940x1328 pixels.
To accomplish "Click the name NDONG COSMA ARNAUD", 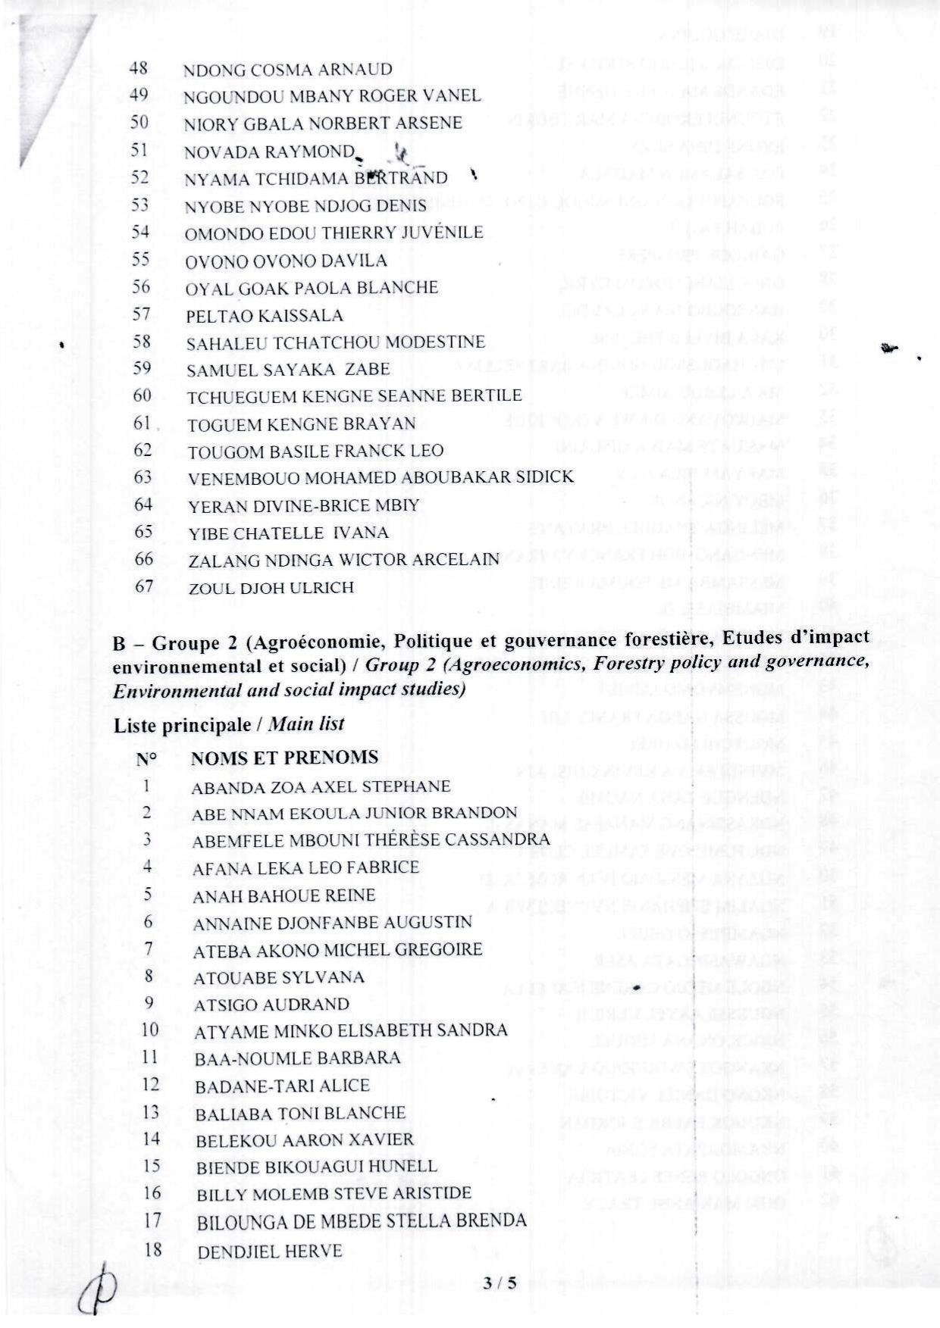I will pos(287,70).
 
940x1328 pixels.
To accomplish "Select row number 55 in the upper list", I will pos(140,259).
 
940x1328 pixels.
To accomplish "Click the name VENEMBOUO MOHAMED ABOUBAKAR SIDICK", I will pos(381,477).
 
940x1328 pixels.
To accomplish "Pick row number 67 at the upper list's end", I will pos(143,586).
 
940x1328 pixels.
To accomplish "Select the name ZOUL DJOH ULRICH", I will pos(271,588).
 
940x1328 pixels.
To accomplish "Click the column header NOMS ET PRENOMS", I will pos(284,758).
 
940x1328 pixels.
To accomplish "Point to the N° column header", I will pos(147,758).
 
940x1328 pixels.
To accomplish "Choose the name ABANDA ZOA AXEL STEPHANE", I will pos(321,786).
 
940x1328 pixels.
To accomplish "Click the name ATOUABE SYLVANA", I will pos(279,977).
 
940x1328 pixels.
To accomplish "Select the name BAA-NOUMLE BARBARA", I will pos(297,1058).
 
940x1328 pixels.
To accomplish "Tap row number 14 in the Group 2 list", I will pos(152,1138).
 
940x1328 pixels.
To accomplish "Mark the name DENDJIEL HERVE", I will pos(270,1251).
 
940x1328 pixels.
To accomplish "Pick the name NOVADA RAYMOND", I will pos(269,152).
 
